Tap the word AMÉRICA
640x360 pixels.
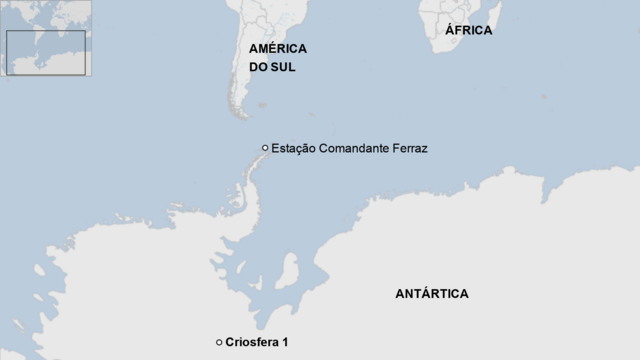(277, 48)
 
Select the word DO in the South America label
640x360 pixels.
(259, 68)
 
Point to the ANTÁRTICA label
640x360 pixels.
(431, 294)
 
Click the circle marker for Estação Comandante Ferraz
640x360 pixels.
(265, 148)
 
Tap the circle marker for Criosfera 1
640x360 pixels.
(219, 343)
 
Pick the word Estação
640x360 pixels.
(293, 148)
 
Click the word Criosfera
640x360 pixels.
(252, 343)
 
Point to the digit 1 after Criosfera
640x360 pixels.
(285, 343)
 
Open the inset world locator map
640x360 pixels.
(46, 38)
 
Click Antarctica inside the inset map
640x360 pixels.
(45, 70)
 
